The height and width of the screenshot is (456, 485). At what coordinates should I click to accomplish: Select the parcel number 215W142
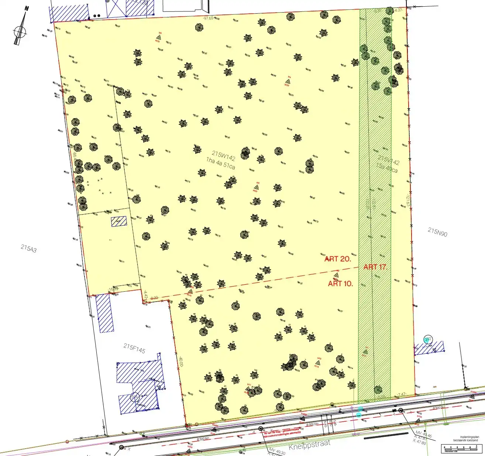(223, 155)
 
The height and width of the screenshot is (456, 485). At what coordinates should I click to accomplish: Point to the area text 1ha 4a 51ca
(220, 163)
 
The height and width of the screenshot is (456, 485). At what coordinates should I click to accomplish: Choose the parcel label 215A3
(29, 248)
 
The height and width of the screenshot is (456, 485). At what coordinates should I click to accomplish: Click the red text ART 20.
(338, 259)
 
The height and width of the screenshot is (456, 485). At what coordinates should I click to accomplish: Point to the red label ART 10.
(340, 284)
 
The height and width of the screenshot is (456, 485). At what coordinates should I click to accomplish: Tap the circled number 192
(428, 339)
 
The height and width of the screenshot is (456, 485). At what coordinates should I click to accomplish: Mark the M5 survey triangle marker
(160, 37)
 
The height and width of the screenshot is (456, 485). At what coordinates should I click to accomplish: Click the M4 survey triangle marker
(288, 81)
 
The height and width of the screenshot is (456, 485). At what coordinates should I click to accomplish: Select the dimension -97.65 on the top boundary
(208, 18)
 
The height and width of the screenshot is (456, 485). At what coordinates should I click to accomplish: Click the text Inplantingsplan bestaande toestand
(468, 439)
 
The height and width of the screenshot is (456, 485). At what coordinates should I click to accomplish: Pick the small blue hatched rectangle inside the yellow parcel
(119, 221)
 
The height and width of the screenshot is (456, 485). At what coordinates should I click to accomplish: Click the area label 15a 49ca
(387, 169)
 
